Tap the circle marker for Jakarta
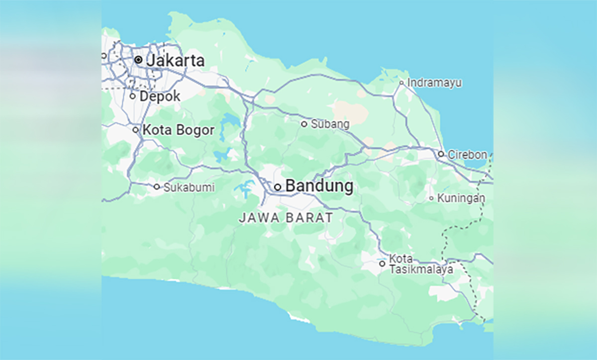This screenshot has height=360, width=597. pyautogui.click(x=138, y=60)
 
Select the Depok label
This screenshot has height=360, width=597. pyautogui.click(x=160, y=96)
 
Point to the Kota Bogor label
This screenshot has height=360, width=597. pyautogui.click(x=178, y=130)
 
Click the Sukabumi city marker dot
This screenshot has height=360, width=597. pyautogui.click(x=157, y=187)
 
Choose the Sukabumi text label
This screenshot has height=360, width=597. pyautogui.click(x=189, y=187)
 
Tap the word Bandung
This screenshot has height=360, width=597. pyautogui.click(x=319, y=186)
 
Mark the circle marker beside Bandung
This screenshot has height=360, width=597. pyautogui.click(x=278, y=187)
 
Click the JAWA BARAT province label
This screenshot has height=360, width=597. pyautogui.click(x=286, y=218)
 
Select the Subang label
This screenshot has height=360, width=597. pyautogui.click(x=330, y=124)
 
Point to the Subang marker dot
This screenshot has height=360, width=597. pyautogui.click(x=304, y=124)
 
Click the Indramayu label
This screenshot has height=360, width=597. pyautogui.click(x=434, y=83)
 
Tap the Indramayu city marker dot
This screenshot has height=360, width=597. pyautogui.click(x=401, y=83)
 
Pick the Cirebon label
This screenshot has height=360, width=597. pyautogui.click(x=468, y=155)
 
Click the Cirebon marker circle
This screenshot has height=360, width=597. pyautogui.click(x=441, y=154)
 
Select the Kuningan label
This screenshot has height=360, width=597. pyautogui.click(x=461, y=198)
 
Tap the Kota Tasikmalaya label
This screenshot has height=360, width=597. pyautogui.click(x=421, y=265)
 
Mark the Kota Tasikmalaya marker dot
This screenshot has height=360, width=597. pyautogui.click(x=382, y=264)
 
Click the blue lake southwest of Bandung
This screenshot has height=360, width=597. pyautogui.click(x=244, y=189)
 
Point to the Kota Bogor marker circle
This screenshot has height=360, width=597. pyautogui.click(x=135, y=130)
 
